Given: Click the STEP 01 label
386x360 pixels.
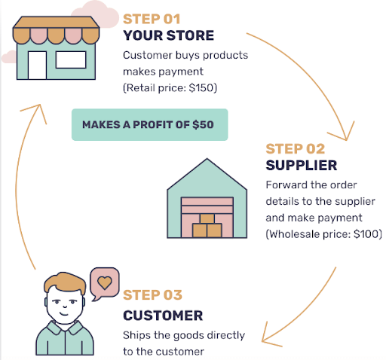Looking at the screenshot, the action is pyautogui.click(x=152, y=19).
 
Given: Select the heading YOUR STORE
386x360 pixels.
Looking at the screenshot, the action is pyautogui.click(x=169, y=35).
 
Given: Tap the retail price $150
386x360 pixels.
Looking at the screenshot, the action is pyautogui.click(x=201, y=88).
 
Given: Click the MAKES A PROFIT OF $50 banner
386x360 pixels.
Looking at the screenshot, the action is pyautogui.click(x=150, y=124).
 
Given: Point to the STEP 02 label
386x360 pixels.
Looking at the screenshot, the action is pyautogui.click(x=296, y=148).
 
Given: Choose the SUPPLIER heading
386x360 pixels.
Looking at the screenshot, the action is pyautogui.click(x=302, y=165).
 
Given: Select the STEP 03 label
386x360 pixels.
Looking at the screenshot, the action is pyautogui.click(x=152, y=295).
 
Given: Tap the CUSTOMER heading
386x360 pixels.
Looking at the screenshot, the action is pyautogui.click(x=163, y=316).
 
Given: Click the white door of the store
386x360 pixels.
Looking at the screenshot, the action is pyautogui.click(x=37, y=66).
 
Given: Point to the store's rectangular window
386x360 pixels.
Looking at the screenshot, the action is pyautogui.click(x=71, y=59).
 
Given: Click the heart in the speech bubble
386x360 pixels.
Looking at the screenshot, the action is pyautogui.click(x=105, y=282).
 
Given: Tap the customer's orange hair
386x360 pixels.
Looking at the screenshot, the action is pyautogui.click(x=66, y=282).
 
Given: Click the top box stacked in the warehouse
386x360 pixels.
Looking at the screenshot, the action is pyautogui.click(x=207, y=218).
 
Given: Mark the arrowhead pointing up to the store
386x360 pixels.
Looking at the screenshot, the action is pyautogui.click(x=36, y=111).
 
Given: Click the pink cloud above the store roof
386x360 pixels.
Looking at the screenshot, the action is pyautogui.click(x=96, y=14).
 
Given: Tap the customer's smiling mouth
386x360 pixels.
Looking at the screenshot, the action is pyautogui.click(x=64, y=313).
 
